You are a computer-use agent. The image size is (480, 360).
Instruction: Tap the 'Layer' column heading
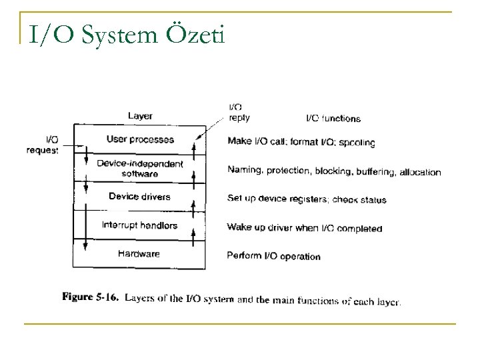pyautogui.click(x=140, y=116)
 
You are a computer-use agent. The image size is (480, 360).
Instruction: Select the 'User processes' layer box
pyautogui.click(x=140, y=139)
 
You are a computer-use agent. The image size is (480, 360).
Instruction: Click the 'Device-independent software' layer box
pyautogui.click(x=140, y=169)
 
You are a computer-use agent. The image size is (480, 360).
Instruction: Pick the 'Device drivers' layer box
pyautogui.click(x=140, y=196)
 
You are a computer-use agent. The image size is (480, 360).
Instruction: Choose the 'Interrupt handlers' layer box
pyautogui.click(x=140, y=225)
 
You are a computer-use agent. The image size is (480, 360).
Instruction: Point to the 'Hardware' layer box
pyautogui.click(x=140, y=253)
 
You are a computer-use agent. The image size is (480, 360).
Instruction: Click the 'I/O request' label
pyautogui.click(x=43, y=145)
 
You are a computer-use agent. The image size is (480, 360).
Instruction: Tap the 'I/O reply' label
pyautogui.click(x=239, y=112)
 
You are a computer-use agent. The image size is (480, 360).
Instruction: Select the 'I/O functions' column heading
pyautogui.click(x=333, y=119)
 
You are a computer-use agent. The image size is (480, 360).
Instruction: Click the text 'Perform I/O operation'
pyautogui.click(x=273, y=256)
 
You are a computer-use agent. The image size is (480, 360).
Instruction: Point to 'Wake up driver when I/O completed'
pyautogui.click(x=304, y=228)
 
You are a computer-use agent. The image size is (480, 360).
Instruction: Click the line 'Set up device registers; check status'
pyautogui.click(x=306, y=199)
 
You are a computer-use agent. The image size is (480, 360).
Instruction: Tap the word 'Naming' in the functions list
pyautogui.click(x=244, y=171)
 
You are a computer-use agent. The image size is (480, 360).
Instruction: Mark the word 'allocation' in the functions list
pyautogui.click(x=420, y=172)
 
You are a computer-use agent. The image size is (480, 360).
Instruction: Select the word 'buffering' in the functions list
pyautogui.click(x=375, y=171)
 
